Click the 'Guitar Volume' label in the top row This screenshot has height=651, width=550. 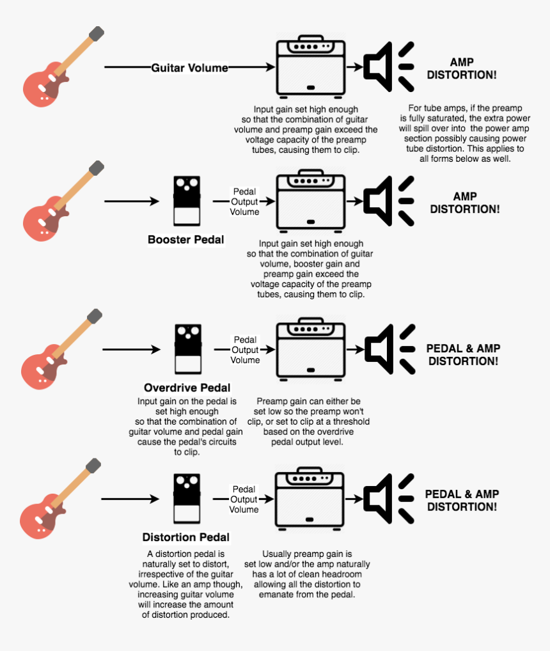coord(189,67)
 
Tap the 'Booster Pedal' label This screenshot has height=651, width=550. coord(186,240)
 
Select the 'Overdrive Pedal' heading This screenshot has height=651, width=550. coord(187,388)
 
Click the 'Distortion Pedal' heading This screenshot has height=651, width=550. coord(185,537)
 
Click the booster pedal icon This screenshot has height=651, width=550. coord(187,201)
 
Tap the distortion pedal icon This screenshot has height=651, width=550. coord(187,498)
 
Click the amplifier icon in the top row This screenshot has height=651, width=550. coord(310,67)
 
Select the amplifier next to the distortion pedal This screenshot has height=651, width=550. coord(310,499)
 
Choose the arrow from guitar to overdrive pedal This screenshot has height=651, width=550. coord(130,349)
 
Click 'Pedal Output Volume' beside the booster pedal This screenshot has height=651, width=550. coord(245,201)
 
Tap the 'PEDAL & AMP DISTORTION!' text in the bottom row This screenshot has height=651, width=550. coord(462,500)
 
